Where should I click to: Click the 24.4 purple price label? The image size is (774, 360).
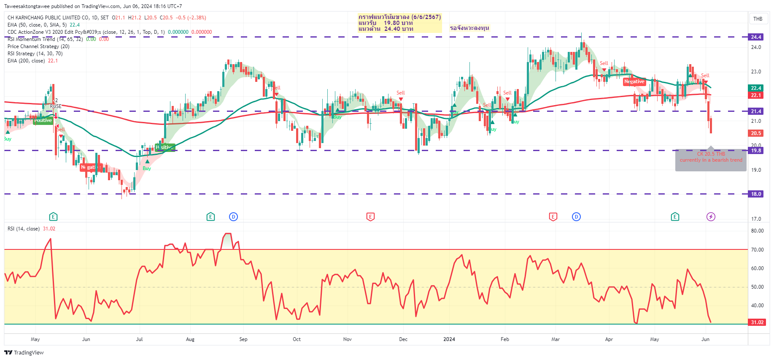coord(756,37)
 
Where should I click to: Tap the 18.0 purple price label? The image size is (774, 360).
coord(756,194)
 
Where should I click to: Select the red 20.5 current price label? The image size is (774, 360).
coord(756,133)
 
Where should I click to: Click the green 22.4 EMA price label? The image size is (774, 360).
coord(756,88)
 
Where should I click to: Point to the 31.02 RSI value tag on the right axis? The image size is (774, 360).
coord(757,322)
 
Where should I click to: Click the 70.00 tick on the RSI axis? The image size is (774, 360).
coord(757,250)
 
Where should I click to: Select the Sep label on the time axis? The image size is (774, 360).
coord(243,339)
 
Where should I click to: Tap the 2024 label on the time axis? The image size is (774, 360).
coord(449,339)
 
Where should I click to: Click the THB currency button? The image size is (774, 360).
coord(758,19)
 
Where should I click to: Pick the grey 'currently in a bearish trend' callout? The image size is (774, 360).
coord(711,160)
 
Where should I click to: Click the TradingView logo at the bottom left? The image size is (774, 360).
coord(24,352)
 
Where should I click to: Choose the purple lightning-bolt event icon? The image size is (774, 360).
coord(711,217)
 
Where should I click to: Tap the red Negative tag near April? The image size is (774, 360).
coord(634,82)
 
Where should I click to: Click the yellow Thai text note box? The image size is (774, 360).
coord(399,23)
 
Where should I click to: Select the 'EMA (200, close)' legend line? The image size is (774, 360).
coord(32,61)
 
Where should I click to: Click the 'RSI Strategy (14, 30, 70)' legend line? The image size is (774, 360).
coord(35,54)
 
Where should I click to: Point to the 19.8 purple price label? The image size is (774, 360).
coord(756,151)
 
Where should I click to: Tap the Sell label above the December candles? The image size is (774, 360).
coord(400,93)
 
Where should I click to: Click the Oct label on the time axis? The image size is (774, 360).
coord(297,339)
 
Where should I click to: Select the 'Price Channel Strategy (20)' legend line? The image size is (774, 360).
coord(38,46)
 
